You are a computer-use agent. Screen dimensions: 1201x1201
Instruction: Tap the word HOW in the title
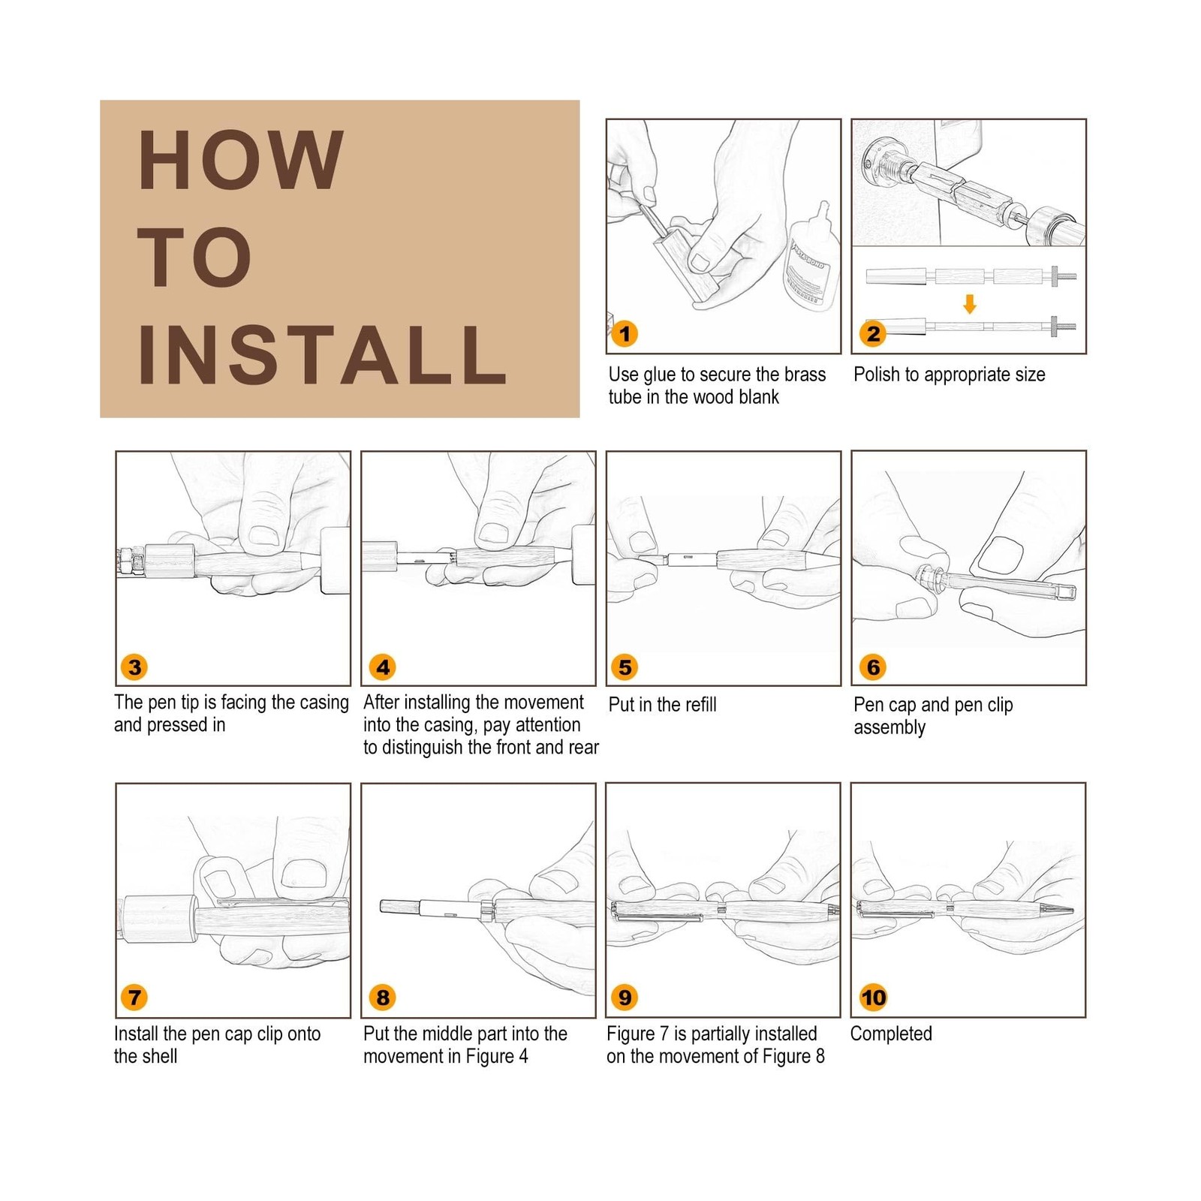click(241, 160)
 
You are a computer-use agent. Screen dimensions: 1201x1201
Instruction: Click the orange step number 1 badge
click(625, 333)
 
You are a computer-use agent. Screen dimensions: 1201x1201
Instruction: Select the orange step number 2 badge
click(873, 333)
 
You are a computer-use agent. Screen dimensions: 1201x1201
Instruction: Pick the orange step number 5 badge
click(625, 667)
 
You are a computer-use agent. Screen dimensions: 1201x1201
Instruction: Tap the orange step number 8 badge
click(383, 997)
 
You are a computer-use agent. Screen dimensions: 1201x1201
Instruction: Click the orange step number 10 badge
click(873, 997)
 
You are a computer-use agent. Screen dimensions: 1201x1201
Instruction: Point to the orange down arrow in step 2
click(970, 304)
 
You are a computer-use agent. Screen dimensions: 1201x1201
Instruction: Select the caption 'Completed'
click(891, 1034)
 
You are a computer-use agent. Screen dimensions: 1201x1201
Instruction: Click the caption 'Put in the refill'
click(662, 704)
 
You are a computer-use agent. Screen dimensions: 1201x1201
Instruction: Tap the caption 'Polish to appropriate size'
click(950, 375)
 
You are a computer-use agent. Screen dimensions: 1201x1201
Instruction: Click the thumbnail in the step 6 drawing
click(999, 557)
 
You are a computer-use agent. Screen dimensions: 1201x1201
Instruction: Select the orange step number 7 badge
click(134, 997)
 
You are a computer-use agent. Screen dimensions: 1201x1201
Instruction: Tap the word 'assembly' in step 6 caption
click(889, 728)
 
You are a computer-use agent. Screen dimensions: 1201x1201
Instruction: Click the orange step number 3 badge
click(134, 667)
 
